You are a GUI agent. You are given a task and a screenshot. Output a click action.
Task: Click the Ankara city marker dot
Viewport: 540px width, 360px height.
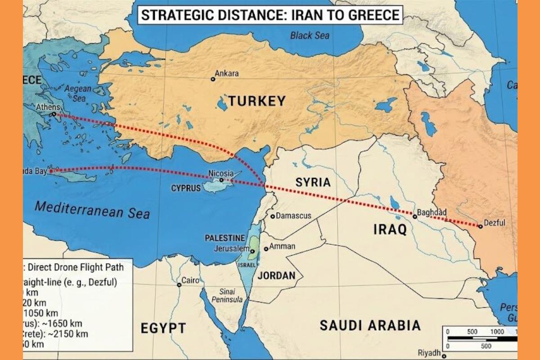(x=213, y=79)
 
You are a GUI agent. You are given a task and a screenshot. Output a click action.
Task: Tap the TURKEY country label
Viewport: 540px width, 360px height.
(x=256, y=101)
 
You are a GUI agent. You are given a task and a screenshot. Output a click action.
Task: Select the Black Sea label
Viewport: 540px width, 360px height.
(x=309, y=35)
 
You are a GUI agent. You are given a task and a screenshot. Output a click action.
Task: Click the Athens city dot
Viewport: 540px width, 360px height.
(x=54, y=114)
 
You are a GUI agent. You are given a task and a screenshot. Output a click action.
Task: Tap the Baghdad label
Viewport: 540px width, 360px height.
(x=432, y=212)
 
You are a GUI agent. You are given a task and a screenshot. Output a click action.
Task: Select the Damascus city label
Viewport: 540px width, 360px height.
(x=293, y=216)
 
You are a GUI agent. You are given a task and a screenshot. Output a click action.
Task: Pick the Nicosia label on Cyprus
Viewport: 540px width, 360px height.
(x=221, y=173)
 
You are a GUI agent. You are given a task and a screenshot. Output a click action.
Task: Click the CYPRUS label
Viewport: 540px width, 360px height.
(x=186, y=189)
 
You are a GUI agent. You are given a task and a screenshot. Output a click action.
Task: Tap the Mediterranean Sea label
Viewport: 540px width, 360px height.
(x=92, y=210)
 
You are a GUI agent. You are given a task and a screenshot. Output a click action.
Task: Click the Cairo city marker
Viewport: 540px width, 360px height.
(x=179, y=285)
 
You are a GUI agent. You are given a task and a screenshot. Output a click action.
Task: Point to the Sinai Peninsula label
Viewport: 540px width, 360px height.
(x=227, y=295)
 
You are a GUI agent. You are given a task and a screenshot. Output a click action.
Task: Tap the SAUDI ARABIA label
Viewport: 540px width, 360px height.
(x=370, y=325)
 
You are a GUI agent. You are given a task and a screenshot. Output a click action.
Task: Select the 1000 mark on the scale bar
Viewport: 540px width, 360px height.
(x=497, y=331)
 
